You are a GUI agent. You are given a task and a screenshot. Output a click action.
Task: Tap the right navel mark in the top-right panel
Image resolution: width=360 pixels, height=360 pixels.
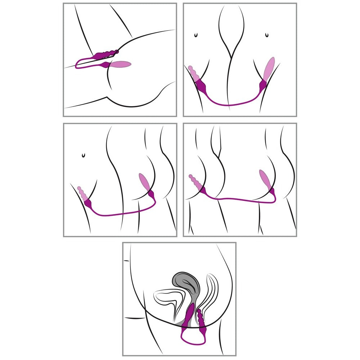[x=266, y=35]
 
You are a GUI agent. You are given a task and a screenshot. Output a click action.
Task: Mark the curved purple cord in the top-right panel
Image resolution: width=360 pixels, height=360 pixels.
[x=230, y=105]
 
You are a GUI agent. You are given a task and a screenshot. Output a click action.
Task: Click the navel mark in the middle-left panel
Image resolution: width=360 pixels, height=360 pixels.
[x=84, y=155]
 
